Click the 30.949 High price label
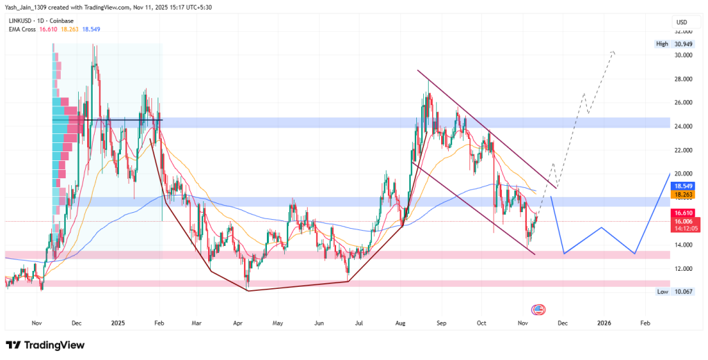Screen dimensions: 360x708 coord(683,44)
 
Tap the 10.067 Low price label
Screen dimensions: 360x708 coord(683,292)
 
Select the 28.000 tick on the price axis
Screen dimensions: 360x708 coord(682,79)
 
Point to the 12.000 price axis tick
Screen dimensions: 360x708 coord(682,269)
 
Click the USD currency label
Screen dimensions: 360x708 coord(681,23)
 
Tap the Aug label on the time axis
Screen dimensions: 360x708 coord(400,323)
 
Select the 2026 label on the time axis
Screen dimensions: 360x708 coord(604,323)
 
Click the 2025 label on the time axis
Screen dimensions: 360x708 coord(118,323)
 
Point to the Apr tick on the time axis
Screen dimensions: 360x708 coord(238,323)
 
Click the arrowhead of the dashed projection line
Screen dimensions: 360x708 coord(613,52)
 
